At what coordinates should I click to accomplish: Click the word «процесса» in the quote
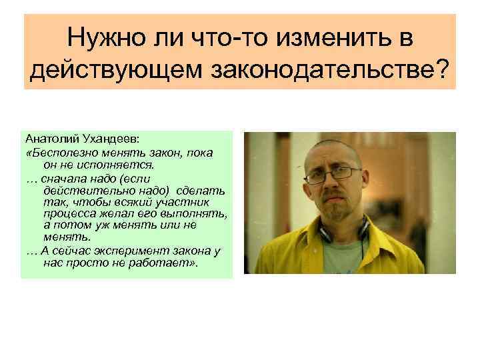[x=65, y=215]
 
